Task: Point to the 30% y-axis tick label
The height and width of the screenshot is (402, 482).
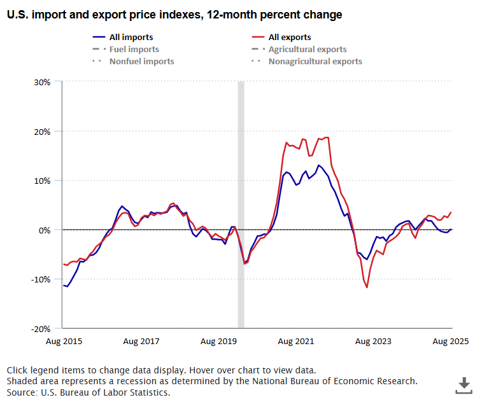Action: click(x=43, y=82)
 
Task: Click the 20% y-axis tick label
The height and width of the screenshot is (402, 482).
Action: click(x=43, y=132)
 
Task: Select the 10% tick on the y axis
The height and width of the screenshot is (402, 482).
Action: click(x=43, y=181)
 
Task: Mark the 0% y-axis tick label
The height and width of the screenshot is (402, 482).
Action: click(x=45, y=230)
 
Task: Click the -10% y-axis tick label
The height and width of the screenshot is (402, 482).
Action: click(x=41, y=279)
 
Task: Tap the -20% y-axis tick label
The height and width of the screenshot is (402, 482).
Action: click(x=41, y=329)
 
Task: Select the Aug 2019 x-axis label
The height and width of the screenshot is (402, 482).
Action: click(x=218, y=342)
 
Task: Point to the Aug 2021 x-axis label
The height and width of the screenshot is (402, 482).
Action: click(x=295, y=342)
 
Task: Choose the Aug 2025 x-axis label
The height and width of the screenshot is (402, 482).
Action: click(x=450, y=342)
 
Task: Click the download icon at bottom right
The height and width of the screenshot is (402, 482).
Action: click(x=464, y=384)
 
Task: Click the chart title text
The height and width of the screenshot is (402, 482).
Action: click(x=174, y=15)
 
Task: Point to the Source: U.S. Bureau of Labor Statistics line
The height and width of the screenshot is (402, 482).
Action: click(x=89, y=392)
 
